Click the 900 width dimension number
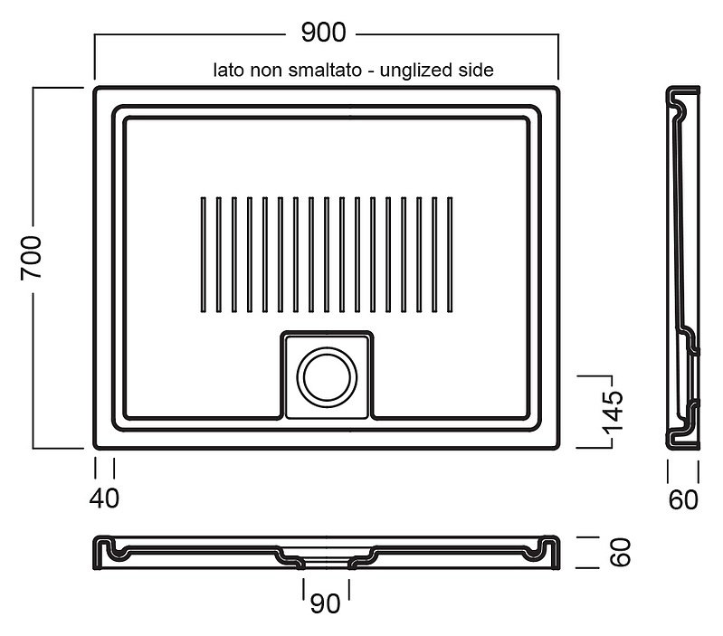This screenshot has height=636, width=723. tap(323, 33)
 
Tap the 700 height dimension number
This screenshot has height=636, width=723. tap(32, 257)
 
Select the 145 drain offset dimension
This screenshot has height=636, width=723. tap(614, 413)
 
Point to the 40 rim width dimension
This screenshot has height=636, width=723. tap(104, 498)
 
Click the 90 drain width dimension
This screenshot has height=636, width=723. tap(326, 603)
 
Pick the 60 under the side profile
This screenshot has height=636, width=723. tap(683, 500)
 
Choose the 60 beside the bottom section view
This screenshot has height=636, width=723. tap(620, 552)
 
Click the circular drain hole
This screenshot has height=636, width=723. tap(327, 377)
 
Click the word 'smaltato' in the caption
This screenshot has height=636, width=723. tap(325, 70)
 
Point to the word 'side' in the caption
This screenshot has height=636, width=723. tap(476, 70)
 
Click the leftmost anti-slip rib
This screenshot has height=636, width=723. tap(204, 255)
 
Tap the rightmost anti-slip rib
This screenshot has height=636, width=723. tap(450, 255)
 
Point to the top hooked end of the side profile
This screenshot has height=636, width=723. tap(679, 104)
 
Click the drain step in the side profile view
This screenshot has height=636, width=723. tap(690, 341)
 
